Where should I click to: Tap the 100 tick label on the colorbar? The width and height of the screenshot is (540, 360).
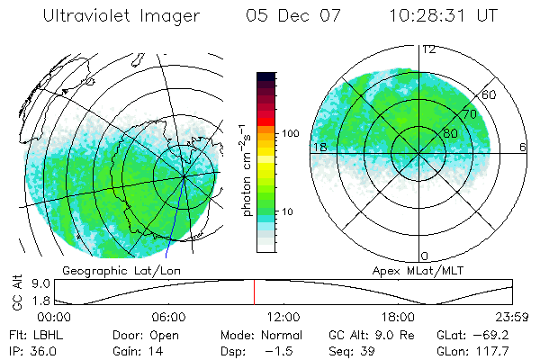[x=291, y=133]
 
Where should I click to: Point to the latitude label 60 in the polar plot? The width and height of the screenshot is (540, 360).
[x=490, y=94]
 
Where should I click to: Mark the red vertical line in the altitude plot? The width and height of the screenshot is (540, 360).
[x=254, y=292]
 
